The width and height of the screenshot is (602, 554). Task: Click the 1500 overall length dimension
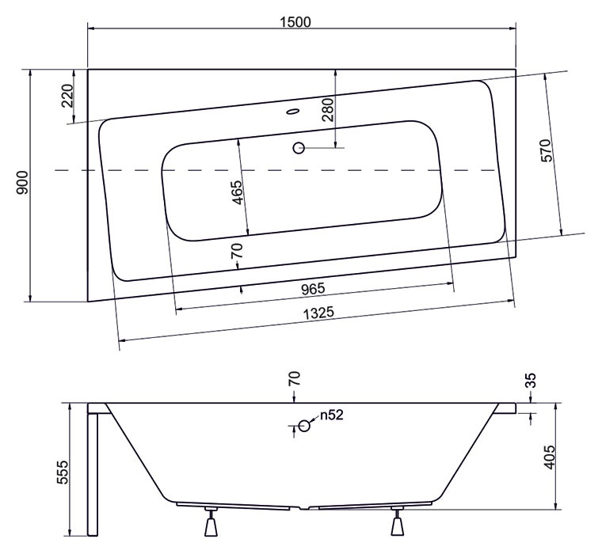click(x=295, y=22)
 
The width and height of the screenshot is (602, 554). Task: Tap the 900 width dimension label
click(x=22, y=183)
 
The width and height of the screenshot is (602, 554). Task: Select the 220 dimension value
click(x=67, y=96)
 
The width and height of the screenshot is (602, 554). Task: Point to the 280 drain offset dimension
click(x=329, y=109)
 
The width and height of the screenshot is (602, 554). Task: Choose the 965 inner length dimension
click(x=313, y=289)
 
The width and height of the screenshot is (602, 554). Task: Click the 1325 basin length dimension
click(x=318, y=313)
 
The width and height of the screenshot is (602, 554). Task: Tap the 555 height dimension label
click(x=63, y=472)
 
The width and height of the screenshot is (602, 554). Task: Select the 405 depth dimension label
click(x=550, y=457)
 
